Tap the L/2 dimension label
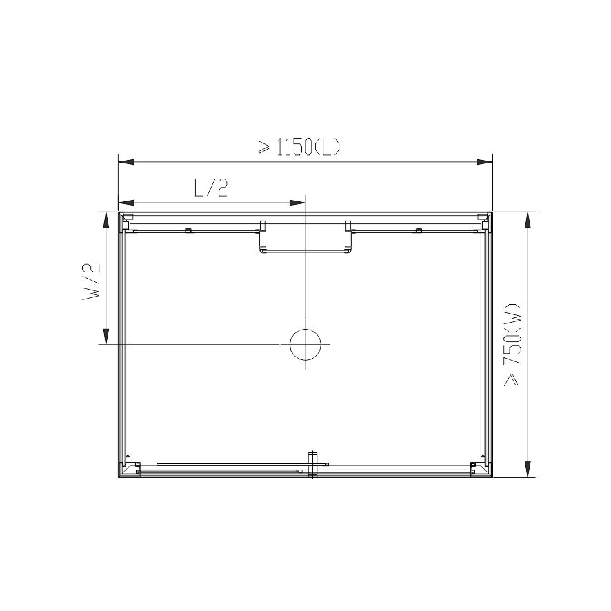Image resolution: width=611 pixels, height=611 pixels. point(210,188)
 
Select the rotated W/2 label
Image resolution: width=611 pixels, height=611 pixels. point(92,281)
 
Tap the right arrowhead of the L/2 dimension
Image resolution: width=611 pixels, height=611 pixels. point(297,203)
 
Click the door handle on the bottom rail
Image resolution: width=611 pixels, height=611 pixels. point(312,463)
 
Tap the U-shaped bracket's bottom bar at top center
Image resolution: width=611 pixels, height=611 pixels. point(305,251)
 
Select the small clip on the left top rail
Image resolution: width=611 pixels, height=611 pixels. point(187,230)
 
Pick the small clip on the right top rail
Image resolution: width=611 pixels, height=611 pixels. point(417,230)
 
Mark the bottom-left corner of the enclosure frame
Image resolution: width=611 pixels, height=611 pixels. point(120,477)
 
